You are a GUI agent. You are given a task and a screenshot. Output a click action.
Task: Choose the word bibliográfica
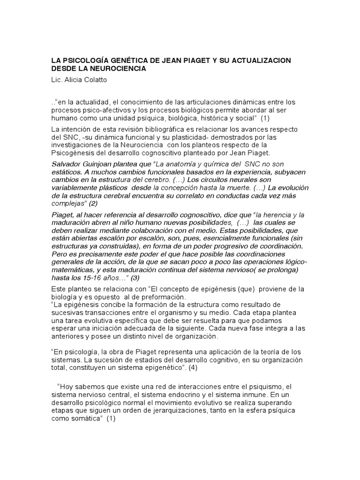click(175, 129)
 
